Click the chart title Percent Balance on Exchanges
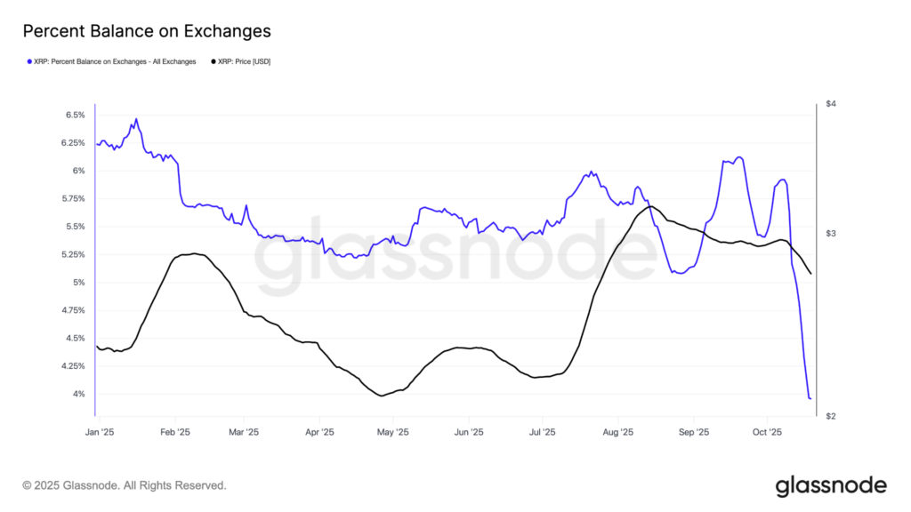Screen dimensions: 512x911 pyautogui.click(x=146, y=32)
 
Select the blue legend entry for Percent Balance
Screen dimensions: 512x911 pyautogui.click(x=114, y=61)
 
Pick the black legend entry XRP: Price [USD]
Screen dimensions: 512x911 pyautogui.click(x=243, y=61)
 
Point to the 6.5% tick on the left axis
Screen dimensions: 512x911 pyautogui.click(x=75, y=116)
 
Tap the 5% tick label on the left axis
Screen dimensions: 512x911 pyautogui.click(x=78, y=283)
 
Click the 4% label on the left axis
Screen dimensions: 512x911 pyautogui.click(x=78, y=395)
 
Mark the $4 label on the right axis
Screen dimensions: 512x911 pyautogui.click(x=831, y=105)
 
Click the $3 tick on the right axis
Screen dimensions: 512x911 pyautogui.click(x=831, y=234)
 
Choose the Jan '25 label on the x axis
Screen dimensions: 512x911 pyautogui.click(x=100, y=433)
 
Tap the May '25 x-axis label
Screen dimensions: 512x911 pyautogui.click(x=392, y=433)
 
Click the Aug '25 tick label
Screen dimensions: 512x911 pyautogui.click(x=617, y=433)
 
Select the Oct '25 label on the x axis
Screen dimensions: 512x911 pyautogui.click(x=767, y=433)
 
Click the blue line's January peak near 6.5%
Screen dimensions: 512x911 pyautogui.click(x=136, y=119)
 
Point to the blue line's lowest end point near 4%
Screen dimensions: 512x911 pyautogui.click(x=810, y=398)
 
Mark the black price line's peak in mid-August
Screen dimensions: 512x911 pyautogui.click(x=650, y=207)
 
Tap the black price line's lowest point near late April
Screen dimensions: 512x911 pyautogui.click(x=382, y=396)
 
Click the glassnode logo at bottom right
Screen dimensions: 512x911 pyautogui.click(x=831, y=485)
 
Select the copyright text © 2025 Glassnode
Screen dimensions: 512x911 pyautogui.click(x=125, y=485)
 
